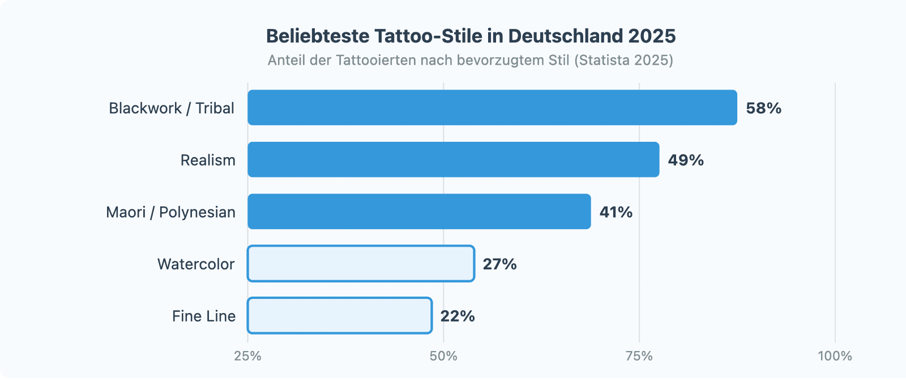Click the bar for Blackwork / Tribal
[x=492, y=107]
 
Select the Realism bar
[x=453, y=159]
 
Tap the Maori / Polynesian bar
[x=419, y=212]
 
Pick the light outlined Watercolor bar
[x=361, y=264]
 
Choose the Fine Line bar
[x=340, y=316]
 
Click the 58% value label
[x=763, y=108]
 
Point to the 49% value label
[x=685, y=160]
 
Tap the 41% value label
[x=616, y=212]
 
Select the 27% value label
[x=499, y=264]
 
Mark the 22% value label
[x=457, y=316]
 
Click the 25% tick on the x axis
[x=247, y=356]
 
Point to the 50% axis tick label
[x=443, y=356]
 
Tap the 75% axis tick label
[x=639, y=356]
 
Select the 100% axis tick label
[x=834, y=356]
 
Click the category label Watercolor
[x=196, y=264]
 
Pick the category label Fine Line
[x=204, y=316]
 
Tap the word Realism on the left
[x=208, y=160]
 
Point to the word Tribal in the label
[x=215, y=108]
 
